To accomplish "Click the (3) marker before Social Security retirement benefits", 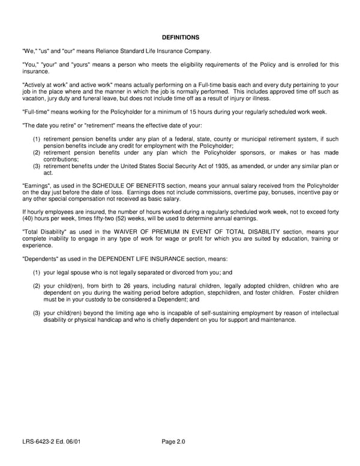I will [37, 166].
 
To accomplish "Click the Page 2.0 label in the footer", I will [173, 442].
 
